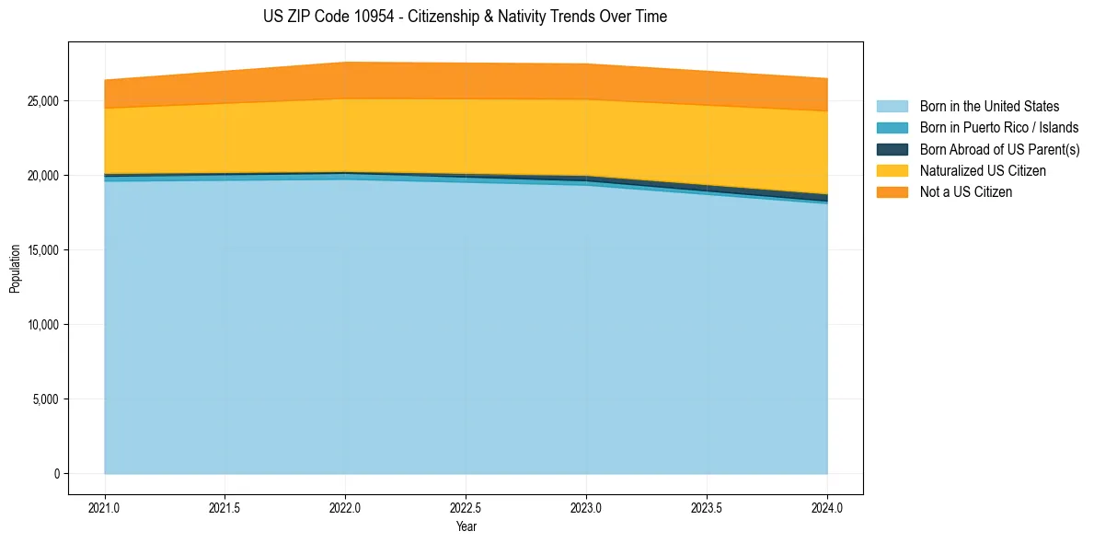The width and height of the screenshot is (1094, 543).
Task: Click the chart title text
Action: (465, 17)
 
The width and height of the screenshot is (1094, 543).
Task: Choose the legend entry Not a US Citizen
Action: (965, 192)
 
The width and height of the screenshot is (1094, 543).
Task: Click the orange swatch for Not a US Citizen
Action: (892, 192)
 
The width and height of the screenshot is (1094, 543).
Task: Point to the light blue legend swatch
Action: (892, 107)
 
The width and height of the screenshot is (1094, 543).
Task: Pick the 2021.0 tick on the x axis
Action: (105, 507)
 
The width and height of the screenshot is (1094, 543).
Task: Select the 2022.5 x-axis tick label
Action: (466, 507)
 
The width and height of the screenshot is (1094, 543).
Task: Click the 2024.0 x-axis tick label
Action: (827, 507)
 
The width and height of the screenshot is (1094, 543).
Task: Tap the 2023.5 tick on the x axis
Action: (707, 507)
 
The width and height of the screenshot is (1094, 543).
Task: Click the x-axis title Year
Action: (466, 526)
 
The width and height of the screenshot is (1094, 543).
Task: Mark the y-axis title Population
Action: (15, 269)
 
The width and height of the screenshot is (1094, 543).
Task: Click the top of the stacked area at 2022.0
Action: (345, 63)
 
